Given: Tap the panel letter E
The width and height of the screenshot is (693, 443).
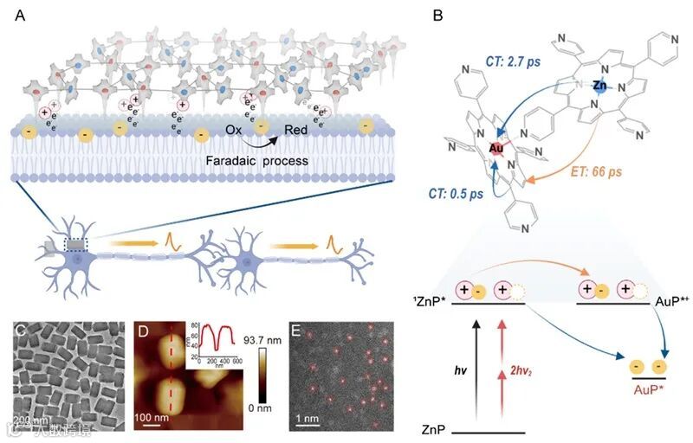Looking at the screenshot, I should tap(295, 331).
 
